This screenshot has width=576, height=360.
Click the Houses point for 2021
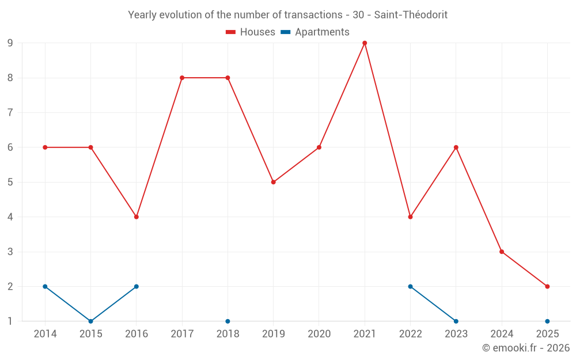(365, 43)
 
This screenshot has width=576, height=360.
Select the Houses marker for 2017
(182, 78)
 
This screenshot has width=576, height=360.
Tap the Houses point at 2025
(547, 286)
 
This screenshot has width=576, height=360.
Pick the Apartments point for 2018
(228, 321)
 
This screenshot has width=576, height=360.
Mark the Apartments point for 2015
(90, 321)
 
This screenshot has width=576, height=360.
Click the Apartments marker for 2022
(410, 286)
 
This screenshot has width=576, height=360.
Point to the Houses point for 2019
(274, 182)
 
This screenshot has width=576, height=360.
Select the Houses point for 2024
(502, 252)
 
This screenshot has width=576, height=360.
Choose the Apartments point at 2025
(547, 321)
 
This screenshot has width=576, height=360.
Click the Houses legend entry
(251, 32)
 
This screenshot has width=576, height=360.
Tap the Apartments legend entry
(315, 32)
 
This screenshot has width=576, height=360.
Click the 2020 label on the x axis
(319, 334)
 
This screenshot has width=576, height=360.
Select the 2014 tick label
(45, 334)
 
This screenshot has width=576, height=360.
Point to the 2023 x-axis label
(456, 334)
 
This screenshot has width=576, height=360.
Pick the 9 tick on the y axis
(10, 43)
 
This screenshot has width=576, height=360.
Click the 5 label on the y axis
(10, 182)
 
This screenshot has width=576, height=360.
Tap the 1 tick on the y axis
(10, 321)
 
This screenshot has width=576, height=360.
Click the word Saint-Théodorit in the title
(411, 15)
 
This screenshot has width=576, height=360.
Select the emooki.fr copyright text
(526, 348)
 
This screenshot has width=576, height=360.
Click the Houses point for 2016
(137, 217)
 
